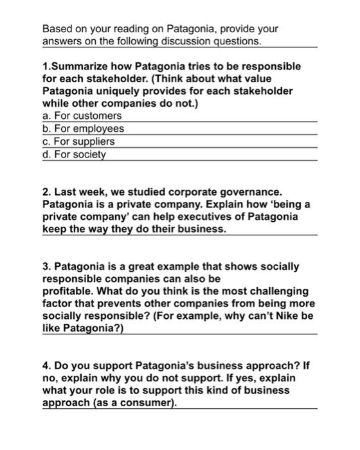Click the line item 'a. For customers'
(x=82, y=116)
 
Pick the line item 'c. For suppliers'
(x=78, y=141)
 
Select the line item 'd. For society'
(x=74, y=154)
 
